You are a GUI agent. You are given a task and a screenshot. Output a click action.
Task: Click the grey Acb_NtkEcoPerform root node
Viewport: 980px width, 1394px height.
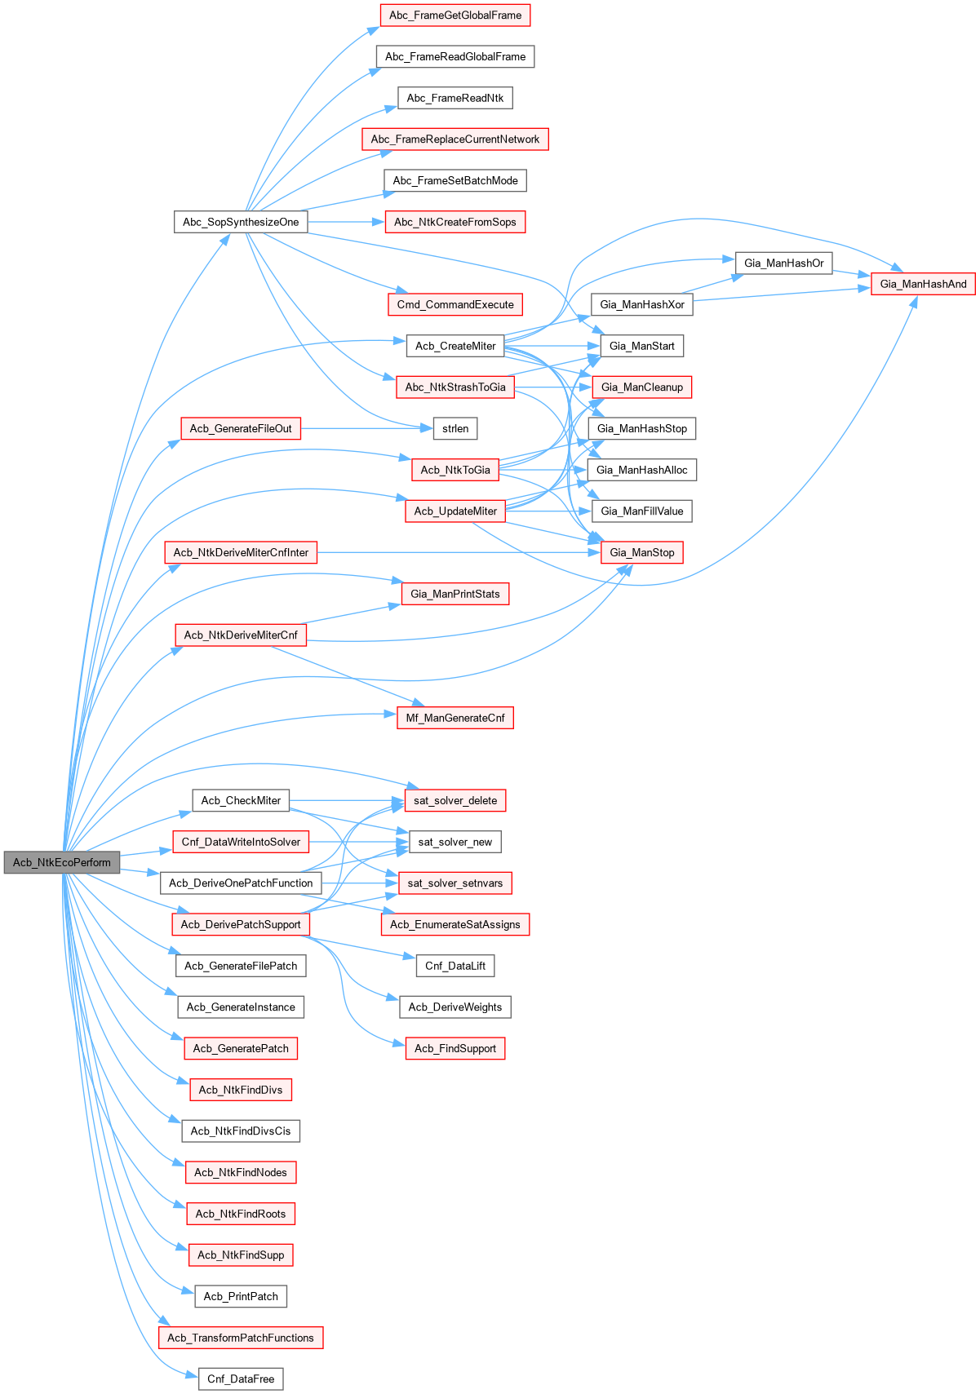click(x=62, y=862)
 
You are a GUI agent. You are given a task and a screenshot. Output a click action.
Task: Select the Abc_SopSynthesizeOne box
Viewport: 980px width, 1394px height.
click(x=241, y=222)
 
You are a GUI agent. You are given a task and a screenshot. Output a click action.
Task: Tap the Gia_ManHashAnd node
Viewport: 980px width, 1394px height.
click(x=923, y=284)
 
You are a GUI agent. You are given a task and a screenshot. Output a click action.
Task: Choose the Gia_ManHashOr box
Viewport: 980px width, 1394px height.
click(x=783, y=263)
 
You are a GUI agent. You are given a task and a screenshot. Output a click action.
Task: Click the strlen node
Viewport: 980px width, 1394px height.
click(x=455, y=428)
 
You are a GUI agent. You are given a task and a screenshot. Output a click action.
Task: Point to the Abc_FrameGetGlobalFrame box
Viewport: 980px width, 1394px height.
click(x=455, y=15)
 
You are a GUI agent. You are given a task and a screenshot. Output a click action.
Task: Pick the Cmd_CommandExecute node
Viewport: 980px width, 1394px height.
click(x=455, y=304)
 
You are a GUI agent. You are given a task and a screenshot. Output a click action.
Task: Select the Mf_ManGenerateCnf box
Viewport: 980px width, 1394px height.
click(x=455, y=718)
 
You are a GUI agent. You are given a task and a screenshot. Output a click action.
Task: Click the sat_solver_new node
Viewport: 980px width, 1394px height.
click(x=455, y=842)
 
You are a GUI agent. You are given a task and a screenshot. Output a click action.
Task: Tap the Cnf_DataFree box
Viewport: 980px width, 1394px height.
click(x=241, y=1379)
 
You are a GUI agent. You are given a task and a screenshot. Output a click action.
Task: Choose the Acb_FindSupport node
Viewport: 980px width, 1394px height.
click(x=455, y=1048)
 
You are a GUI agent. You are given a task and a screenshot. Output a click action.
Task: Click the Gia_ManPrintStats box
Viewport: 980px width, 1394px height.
click(x=455, y=594)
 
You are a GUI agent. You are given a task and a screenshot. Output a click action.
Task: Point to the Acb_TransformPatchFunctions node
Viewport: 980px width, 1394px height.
click(x=241, y=1338)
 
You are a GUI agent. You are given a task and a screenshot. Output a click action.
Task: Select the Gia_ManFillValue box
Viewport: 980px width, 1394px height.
click(x=641, y=511)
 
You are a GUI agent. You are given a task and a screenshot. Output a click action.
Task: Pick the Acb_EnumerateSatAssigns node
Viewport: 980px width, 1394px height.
click(x=455, y=924)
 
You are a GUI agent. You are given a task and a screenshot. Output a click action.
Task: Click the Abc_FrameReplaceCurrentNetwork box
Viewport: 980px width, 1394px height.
click(x=455, y=139)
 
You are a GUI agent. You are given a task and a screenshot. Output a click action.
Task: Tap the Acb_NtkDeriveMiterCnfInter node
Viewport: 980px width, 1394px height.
click(x=241, y=552)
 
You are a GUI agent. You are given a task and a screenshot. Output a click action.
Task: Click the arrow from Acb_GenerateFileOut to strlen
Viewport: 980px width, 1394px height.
click(x=367, y=428)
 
